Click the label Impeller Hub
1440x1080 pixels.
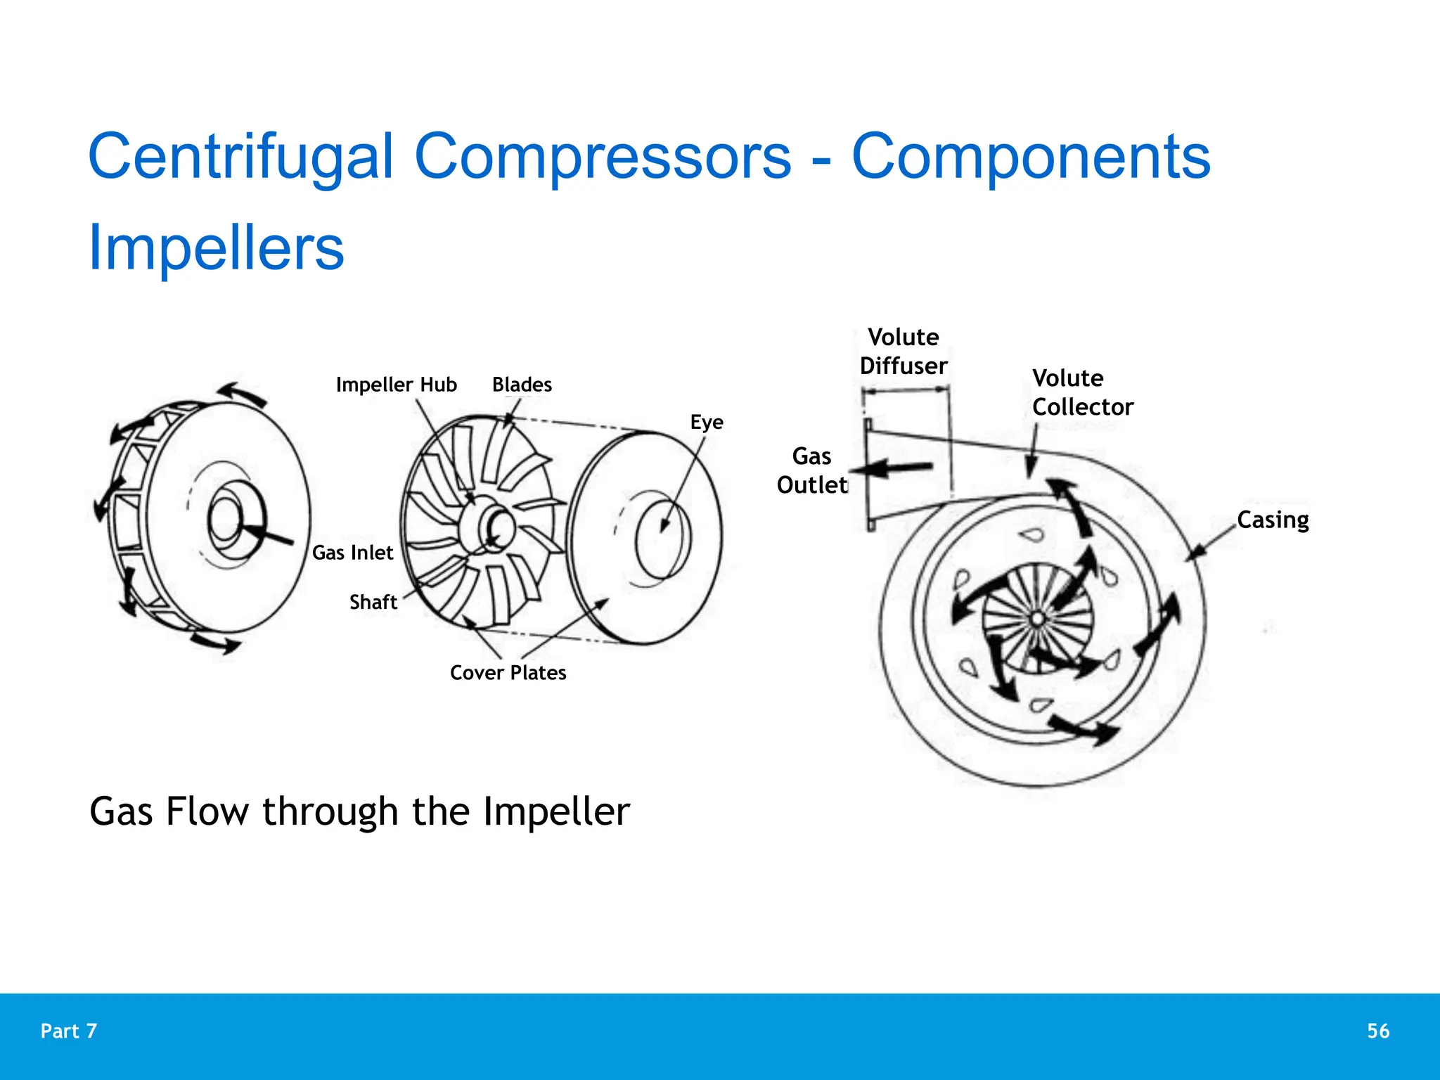point(396,385)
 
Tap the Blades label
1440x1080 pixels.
point(522,385)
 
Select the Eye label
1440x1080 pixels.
point(706,422)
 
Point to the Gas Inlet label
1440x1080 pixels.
point(352,553)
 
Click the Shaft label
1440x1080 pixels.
point(373,602)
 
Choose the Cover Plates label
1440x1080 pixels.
point(508,673)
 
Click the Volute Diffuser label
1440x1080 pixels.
point(904,352)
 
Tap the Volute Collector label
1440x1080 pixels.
point(1082,392)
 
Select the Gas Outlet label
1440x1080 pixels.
point(811,470)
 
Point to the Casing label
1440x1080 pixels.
point(1272,520)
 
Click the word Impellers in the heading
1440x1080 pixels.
point(216,247)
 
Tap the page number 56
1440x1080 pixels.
point(1378,1031)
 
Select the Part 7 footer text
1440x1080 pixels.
point(69,1031)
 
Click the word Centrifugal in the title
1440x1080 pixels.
point(240,157)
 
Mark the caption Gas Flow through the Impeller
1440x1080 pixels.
point(359,811)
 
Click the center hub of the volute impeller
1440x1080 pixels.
point(1037,619)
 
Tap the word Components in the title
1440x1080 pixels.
point(1031,157)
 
